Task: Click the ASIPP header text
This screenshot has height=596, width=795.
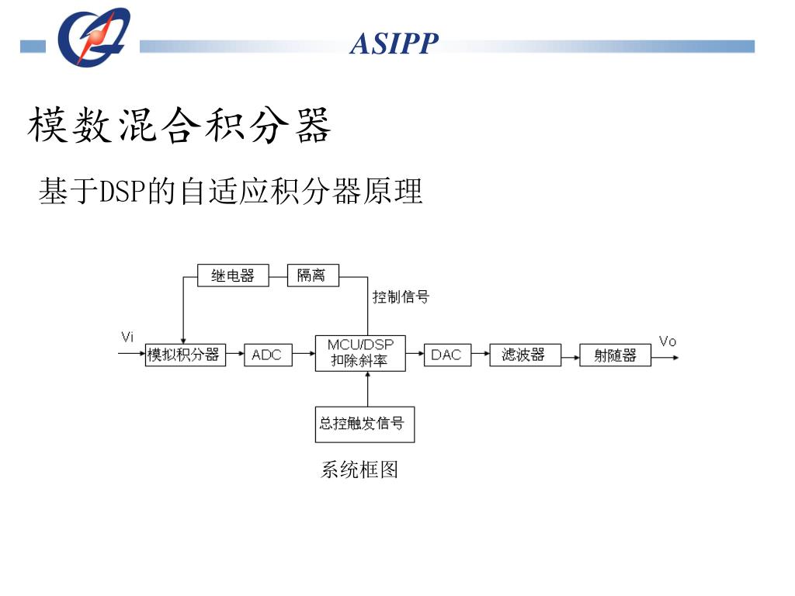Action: [x=394, y=44]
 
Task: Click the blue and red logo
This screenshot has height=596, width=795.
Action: [x=93, y=36]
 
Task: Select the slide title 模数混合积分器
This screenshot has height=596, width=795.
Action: [x=180, y=126]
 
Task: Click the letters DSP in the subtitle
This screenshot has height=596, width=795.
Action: [x=123, y=191]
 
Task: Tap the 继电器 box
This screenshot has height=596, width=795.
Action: [x=232, y=275]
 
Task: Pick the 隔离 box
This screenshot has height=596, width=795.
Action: [x=313, y=275]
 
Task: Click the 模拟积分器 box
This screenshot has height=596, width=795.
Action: [x=185, y=355]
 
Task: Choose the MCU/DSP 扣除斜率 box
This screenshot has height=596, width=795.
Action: [x=360, y=353]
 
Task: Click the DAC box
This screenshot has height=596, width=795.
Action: [x=447, y=355]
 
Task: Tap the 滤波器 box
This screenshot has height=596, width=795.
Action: [x=525, y=355]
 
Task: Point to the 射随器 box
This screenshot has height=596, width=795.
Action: [x=615, y=355]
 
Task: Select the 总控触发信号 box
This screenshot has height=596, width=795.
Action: [x=364, y=424]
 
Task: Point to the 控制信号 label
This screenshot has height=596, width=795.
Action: [x=401, y=296]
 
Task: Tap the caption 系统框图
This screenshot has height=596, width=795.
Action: [x=359, y=470]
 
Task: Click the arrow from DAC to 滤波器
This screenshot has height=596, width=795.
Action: [x=481, y=355]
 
